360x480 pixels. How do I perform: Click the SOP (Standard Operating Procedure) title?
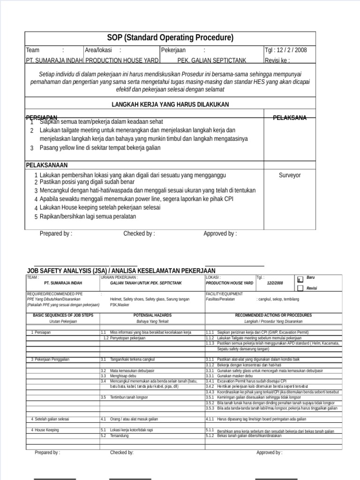click(170, 38)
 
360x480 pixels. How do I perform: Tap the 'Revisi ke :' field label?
click(277, 60)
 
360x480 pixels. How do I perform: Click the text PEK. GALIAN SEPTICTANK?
click(211, 60)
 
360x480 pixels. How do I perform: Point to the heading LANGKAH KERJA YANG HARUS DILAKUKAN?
click(170, 104)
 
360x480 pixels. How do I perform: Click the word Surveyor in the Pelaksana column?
click(290, 175)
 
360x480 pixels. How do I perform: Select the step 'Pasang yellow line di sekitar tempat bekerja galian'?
click(100, 148)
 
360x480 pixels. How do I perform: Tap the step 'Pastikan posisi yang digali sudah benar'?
click(87, 182)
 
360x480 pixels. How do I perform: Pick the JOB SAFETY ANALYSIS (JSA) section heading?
click(121, 271)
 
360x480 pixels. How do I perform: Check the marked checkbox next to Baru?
click(300, 279)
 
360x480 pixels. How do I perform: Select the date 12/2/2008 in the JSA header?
click(275, 284)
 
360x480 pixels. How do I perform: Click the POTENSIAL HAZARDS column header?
click(152, 315)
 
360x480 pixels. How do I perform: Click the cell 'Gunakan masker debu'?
click(235, 376)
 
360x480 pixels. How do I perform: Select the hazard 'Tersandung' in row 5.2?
click(120, 435)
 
